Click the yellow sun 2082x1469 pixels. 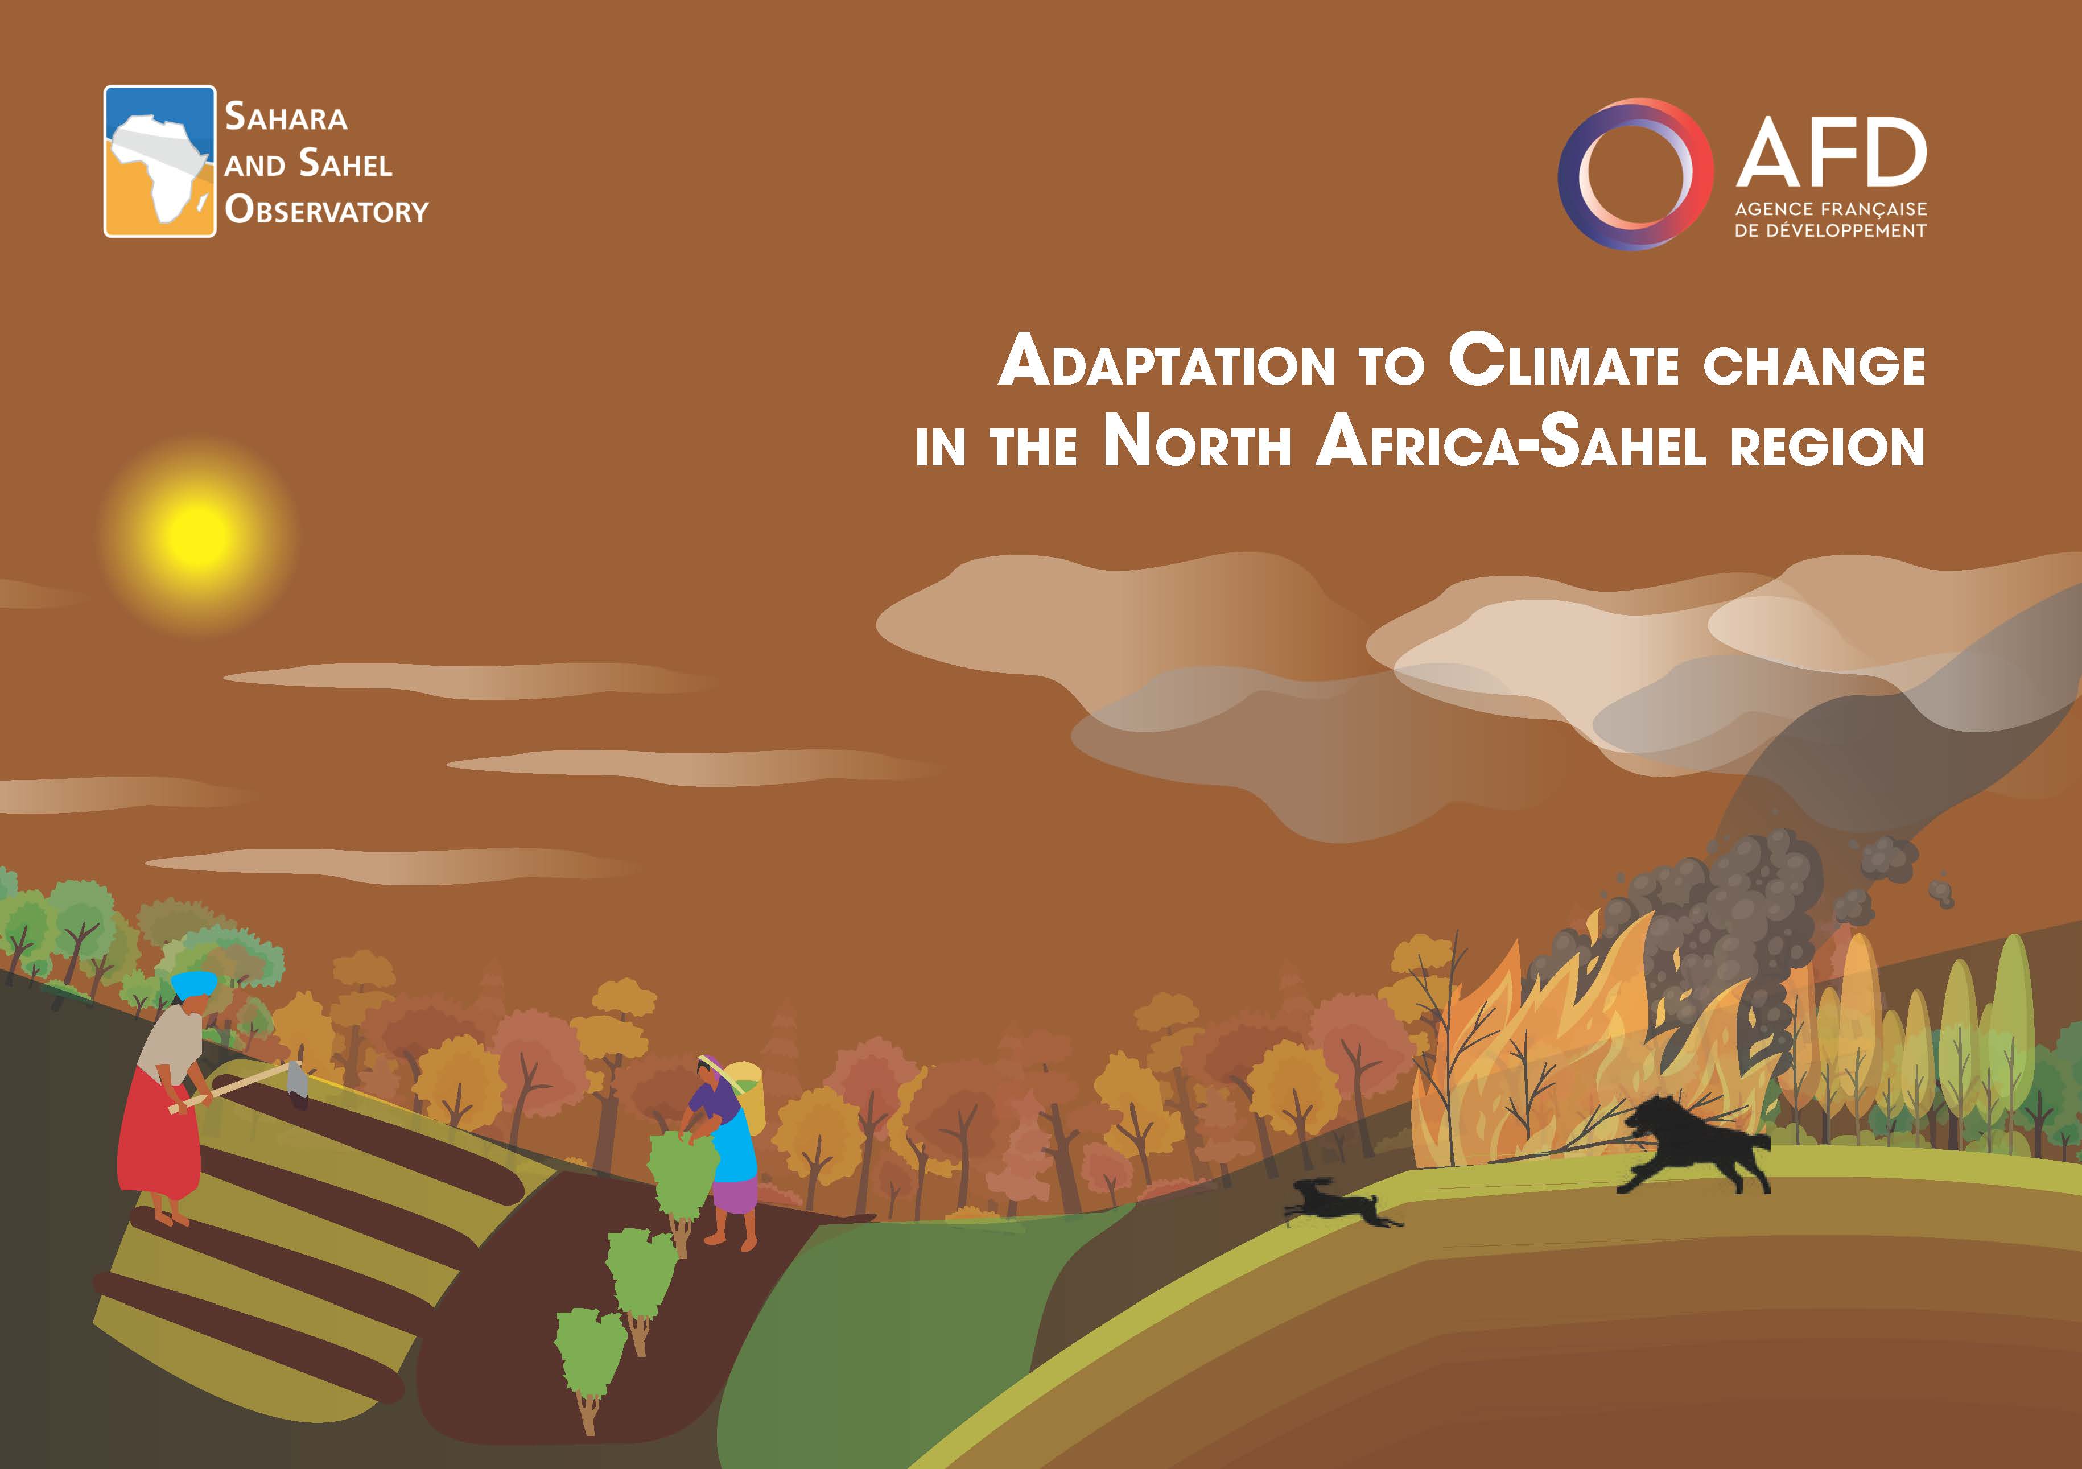[197, 535]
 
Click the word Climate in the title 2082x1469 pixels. [1563, 361]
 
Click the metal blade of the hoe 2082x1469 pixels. [298, 1079]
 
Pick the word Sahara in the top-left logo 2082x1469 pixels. [286, 118]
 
